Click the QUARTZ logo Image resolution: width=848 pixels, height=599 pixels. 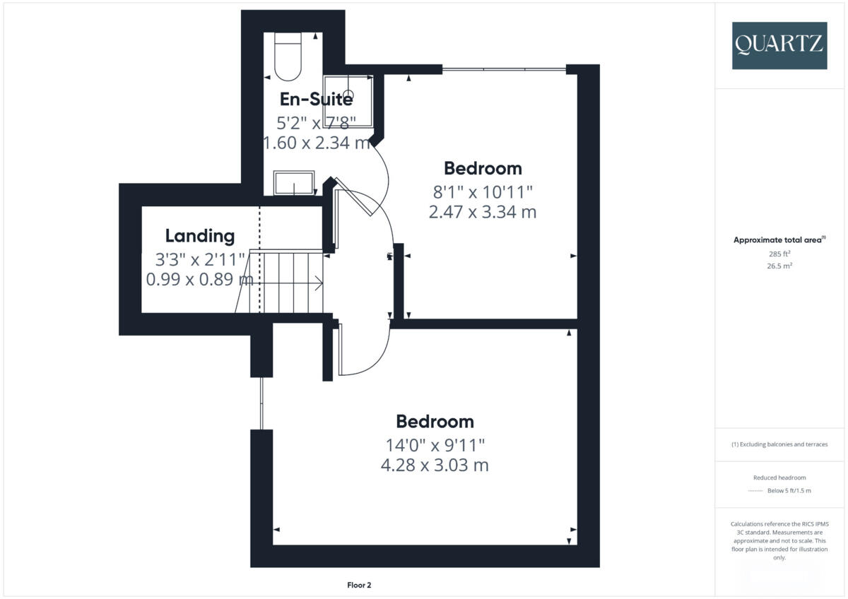click(779, 45)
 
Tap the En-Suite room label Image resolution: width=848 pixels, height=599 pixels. click(316, 98)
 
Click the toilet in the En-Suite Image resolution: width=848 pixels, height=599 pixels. click(288, 57)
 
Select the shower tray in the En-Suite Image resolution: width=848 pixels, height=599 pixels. click(348, 101)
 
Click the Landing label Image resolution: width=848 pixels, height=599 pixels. click(199, 236)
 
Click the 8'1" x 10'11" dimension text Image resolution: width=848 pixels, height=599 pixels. click(483, 191)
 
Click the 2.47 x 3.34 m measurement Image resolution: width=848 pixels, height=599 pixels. click(483, 211)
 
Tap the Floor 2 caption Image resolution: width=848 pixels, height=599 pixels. click(359, 585)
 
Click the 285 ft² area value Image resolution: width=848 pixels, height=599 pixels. click(779, 254)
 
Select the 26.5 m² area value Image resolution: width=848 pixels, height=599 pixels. click(779, 266)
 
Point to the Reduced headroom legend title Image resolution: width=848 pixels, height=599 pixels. click(779, 478)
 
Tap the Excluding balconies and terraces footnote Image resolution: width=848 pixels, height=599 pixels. click(779, 444)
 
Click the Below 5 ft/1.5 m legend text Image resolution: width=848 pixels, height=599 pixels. click(789, 490)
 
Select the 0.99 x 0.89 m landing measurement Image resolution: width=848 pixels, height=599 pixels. click(199, 279)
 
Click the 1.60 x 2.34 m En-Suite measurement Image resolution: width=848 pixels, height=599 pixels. click(316, 143)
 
